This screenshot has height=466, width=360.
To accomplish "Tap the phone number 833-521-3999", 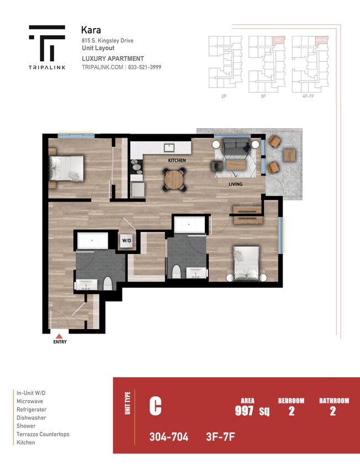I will click(145, 67).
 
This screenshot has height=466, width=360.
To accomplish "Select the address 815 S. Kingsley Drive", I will click(107, 41).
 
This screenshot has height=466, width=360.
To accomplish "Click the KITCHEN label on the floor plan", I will click(177, 160).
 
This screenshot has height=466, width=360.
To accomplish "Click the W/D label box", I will click(126, 241).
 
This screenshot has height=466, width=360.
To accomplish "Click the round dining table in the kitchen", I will click(174, 178).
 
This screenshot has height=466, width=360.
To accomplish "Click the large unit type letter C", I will click(156, 407).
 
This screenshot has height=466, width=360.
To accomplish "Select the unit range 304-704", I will click(168, 437).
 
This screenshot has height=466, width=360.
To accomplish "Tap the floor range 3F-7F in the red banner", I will click(220, 437).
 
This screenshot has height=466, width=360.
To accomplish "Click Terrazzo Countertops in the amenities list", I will click(43, 435).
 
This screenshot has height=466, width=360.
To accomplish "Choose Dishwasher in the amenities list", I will click(31, 418).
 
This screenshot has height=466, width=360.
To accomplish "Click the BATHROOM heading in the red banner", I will click(334, 401).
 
